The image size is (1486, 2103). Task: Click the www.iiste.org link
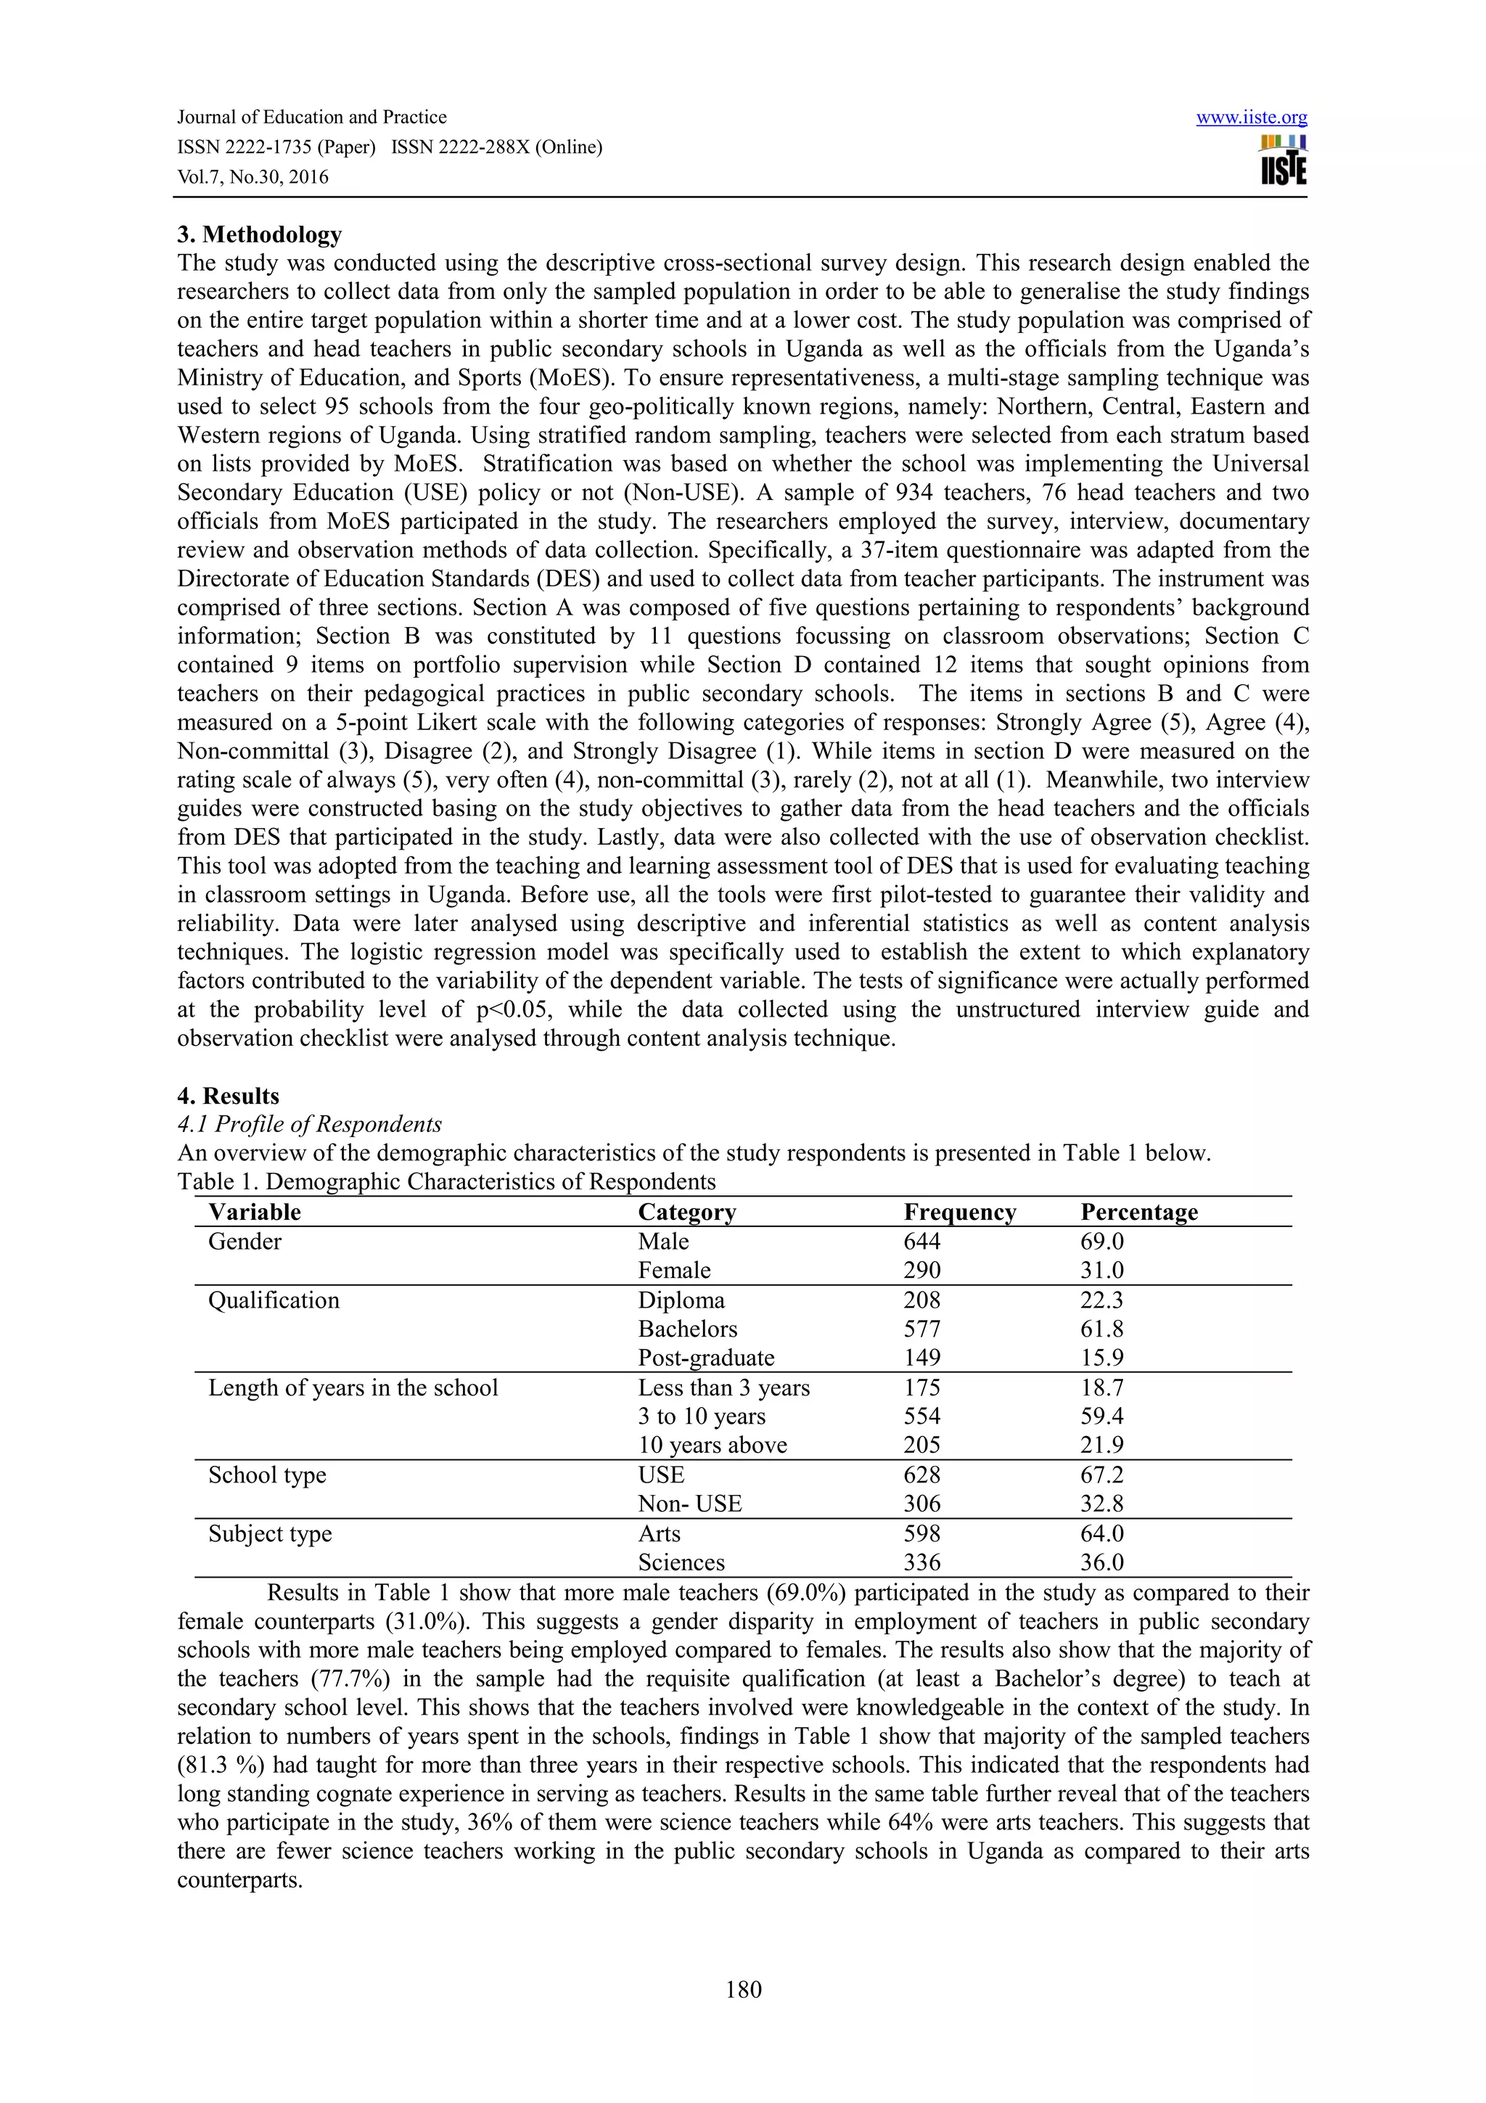point(1251,118)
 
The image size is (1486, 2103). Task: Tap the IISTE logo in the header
point(1283,161)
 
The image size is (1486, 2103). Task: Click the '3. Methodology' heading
point(259,234)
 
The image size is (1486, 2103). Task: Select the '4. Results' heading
point(228,1096)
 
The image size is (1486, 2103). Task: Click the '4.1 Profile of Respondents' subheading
point(310,1124)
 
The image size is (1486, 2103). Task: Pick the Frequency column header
point(959,1212)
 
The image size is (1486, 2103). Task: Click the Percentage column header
point(1139,1212)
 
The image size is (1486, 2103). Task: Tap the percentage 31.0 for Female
point(1102,1271)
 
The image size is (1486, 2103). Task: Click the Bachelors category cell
point(688,1329)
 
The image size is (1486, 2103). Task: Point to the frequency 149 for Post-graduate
point(922,1358)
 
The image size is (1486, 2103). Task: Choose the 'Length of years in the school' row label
point(353,1387)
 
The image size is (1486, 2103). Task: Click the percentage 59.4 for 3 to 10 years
point(1102,1416)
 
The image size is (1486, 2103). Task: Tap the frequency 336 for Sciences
point(922,1562)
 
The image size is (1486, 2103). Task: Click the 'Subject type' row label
point(270,1533)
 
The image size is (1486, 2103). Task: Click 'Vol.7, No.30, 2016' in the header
point(253,178)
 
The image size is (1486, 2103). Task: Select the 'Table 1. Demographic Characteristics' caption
point(446,1181)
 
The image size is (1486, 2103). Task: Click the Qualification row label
point(274,1300)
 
